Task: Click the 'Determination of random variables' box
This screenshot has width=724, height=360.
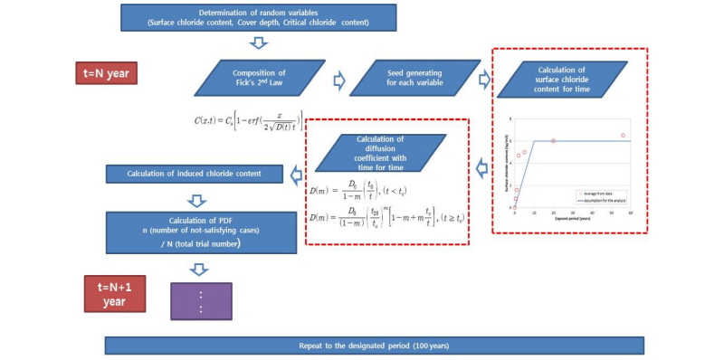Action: [x=258, y=17]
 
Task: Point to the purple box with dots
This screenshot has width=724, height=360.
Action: [x=201, y=300]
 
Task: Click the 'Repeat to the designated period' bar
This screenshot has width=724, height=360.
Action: [x=374, y=346]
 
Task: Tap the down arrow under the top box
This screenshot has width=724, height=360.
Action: [x=258, y=43]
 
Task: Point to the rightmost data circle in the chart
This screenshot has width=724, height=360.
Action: [x=623, y=136]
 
